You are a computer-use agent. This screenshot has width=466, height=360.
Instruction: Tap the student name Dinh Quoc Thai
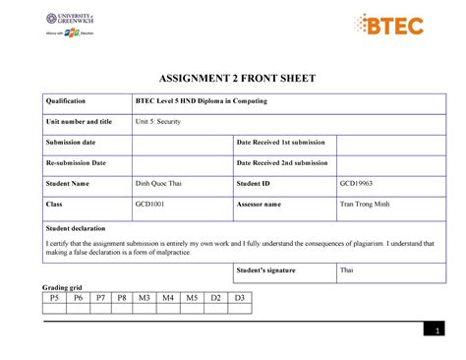[x=159, y=183]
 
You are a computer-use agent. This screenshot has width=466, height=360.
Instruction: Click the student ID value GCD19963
[x=358, y=183]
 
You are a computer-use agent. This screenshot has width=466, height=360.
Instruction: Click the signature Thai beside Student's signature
[x=346, y=269]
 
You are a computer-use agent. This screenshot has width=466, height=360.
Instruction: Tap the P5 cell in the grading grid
[x=54, y=297]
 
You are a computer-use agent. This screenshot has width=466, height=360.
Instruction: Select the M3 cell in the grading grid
[x=144, y=297]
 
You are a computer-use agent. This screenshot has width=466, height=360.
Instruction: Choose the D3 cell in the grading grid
[x=239, y=297]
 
